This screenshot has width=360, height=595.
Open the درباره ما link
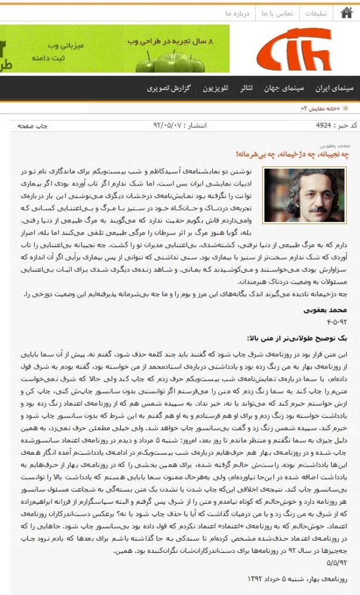[x=237, y=13]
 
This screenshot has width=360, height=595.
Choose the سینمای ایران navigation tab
[x=335, y=88]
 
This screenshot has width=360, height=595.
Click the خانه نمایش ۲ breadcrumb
[x=321, y=108]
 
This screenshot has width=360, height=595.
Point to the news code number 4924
[x=323, y=125]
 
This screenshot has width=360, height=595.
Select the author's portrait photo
[x=304, y=195]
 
